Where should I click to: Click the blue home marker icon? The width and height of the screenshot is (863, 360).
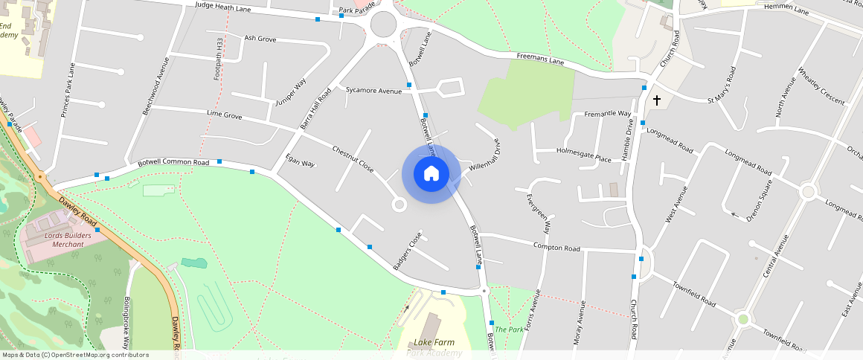[431, 174]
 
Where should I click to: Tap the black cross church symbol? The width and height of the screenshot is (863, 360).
[656, 99]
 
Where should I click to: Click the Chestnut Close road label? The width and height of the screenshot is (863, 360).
[353, 159]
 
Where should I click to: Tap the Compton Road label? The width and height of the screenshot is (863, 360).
[556, 247]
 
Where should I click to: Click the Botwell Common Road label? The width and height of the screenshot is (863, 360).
[173, 162]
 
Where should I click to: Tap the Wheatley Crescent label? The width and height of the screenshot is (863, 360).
[821, 86]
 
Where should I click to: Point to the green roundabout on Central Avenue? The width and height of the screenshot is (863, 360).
[742, 320]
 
